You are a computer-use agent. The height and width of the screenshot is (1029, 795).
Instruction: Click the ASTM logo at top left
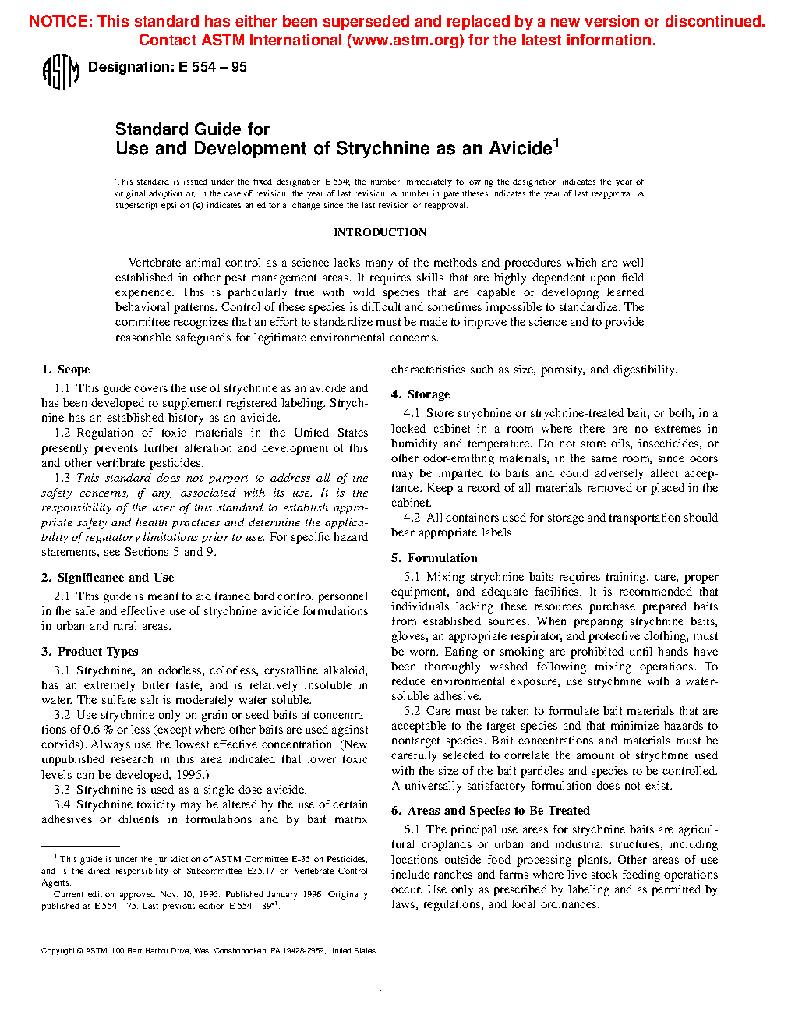[x=60, y=72]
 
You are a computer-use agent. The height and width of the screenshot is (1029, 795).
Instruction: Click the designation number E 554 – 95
[x=212, y=68]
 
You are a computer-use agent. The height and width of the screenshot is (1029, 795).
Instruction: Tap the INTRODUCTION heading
[x=380, y=232]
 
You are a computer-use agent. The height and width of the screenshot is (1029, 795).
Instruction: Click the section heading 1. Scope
[x=65, y=370]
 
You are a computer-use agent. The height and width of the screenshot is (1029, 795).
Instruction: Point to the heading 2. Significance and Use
[x=108, y=578]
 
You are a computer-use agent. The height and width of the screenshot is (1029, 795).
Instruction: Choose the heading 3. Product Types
[x=90, y=652]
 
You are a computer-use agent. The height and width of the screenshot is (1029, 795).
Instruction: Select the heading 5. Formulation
[x=434, y=558]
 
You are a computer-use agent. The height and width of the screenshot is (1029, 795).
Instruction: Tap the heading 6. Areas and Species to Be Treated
[x=490, y=811]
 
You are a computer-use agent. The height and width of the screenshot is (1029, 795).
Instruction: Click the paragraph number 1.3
[x=62, y=478]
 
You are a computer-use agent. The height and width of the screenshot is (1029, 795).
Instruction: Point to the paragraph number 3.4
[x=62, y=804]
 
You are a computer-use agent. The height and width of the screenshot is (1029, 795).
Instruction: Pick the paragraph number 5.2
[x=412, y=711]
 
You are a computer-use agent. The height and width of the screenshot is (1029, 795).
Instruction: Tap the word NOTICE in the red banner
[x=59, y=21]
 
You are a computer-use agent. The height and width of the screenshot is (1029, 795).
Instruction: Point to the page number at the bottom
[x=380, y=988]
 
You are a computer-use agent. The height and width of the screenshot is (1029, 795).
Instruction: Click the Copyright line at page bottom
[x=209, y=951]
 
